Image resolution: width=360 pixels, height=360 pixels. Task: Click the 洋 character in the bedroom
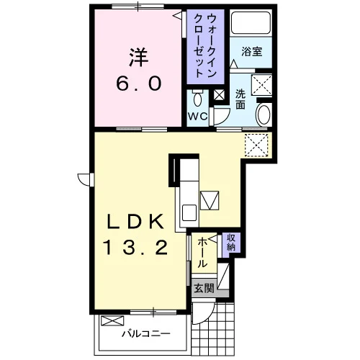tap(139, 57)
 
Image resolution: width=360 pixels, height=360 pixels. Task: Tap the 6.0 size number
tap(139, 83)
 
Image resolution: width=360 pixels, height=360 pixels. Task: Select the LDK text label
tap(136, 221)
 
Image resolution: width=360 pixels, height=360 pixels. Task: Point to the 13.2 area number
tap(135, 248)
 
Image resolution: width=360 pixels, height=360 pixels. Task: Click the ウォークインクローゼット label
tap(205, 45)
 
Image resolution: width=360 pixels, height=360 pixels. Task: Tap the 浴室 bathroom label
tap(252, 52)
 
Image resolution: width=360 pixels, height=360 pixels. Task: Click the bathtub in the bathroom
tap(251, 22)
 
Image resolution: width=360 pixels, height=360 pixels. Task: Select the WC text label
tap(197, 117)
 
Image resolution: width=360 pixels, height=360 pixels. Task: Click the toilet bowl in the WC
tap(197, 98)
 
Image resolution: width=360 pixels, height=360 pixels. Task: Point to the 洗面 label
tap(240, 99)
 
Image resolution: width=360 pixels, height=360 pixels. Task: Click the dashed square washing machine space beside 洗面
tap(261, 85)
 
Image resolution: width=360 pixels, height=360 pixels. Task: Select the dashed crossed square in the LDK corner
tap(256, 145)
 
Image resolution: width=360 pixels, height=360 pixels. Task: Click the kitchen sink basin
tap(189, 212)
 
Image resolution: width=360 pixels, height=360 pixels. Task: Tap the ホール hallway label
tap(202, 252)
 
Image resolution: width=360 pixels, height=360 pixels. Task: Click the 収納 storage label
tap(231, 243)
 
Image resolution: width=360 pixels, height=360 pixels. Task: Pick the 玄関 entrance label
tap(204, 288)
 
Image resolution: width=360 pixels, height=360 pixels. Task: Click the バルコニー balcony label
tap(145, 333)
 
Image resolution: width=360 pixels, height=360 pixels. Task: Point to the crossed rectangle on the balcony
tap(112, 321)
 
